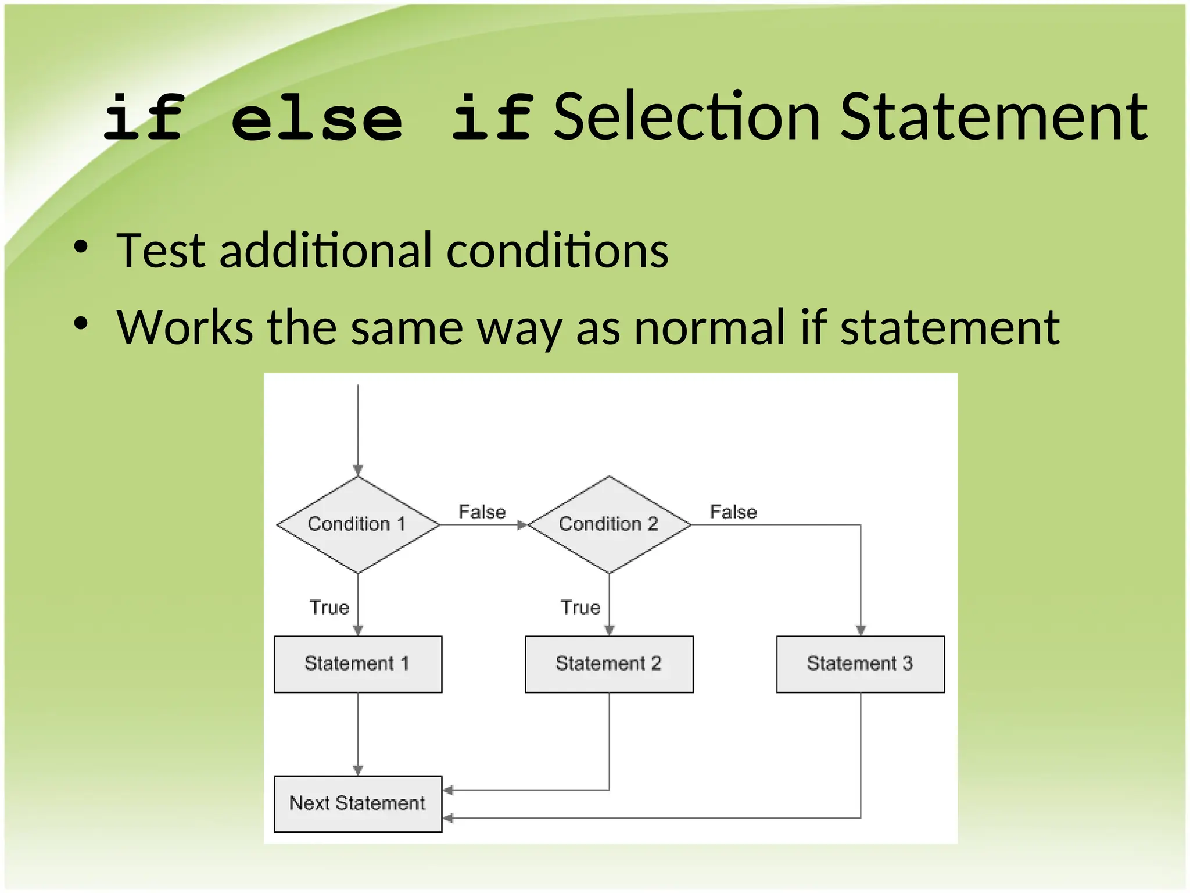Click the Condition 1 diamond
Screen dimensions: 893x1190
tap(357, 524)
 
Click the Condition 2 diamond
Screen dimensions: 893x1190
tap(609, 524)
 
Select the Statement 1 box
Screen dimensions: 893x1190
tap(357, 664)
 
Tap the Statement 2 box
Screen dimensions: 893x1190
tap(609, 664)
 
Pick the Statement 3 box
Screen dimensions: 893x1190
tap(860, 664)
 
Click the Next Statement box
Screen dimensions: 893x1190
tap(357, 803)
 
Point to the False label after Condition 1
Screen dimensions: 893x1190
tap(482, 512)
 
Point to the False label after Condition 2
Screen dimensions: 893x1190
tap(733, 512)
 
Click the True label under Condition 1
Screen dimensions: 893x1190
tap(329, 608)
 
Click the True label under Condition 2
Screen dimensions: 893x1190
tap(580, 608)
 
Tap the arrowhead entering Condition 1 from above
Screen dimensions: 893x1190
tap(358, 470)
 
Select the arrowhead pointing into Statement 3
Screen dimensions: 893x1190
tap(861, 630)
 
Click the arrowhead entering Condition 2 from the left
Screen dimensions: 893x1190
tap(522, 525)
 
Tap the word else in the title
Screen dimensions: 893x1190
tap(317, 119)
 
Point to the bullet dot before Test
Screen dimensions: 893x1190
tap(81, 247)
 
